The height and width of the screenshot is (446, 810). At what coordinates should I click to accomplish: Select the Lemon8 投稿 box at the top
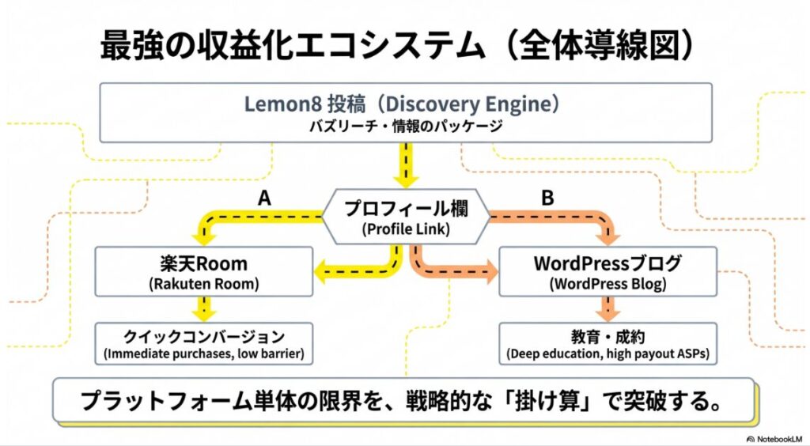[405, 113]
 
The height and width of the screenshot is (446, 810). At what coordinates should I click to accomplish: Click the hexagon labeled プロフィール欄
[405, 219]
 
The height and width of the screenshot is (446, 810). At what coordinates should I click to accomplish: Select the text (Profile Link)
[405, 230]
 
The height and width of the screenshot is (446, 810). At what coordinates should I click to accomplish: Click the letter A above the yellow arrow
[264, 198]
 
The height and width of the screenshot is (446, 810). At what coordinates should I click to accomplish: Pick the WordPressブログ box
[608, 271]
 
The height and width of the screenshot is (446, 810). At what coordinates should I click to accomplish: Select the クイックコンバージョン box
[204, 343]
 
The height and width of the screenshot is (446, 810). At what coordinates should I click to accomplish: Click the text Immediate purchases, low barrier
[204, 353]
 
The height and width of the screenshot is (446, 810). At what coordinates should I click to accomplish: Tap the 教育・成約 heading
[608, 335]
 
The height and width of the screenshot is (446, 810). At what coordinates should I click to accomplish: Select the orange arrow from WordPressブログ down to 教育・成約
[608, 308]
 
